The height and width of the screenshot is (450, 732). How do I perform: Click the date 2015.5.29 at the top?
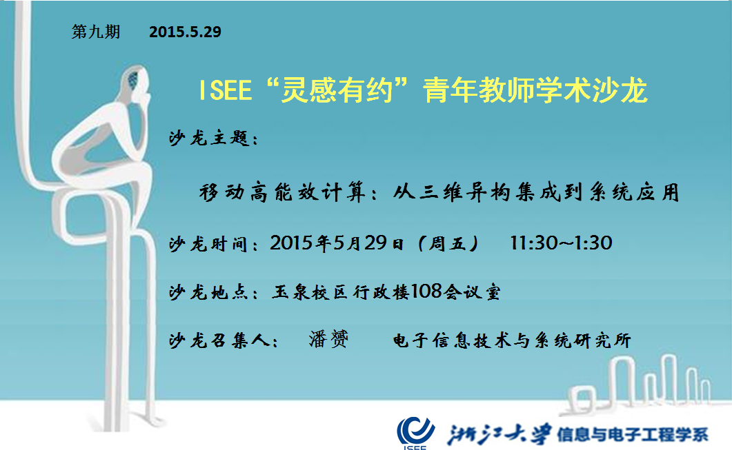(185, 32)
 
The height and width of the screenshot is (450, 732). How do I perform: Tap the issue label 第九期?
(96, 32)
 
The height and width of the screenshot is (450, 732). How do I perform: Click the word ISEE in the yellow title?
(226, 90)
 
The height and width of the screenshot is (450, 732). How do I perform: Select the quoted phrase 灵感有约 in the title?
(337, 90)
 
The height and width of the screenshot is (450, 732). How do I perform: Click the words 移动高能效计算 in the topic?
(282, 192)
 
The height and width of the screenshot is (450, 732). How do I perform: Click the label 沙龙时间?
(208, 244)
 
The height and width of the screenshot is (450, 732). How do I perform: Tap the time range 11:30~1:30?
(561, 243)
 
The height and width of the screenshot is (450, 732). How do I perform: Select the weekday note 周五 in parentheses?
(447, 243)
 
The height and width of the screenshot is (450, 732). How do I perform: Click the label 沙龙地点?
(208, 292)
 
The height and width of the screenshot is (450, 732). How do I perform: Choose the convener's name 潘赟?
(328, 339)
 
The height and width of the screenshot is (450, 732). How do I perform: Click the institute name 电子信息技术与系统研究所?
(512, 340)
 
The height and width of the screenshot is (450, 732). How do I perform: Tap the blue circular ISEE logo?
(415, 432)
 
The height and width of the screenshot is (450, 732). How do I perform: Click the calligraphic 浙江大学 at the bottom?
(499, 433)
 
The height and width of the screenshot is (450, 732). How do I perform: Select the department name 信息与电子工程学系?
(633, 435)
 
